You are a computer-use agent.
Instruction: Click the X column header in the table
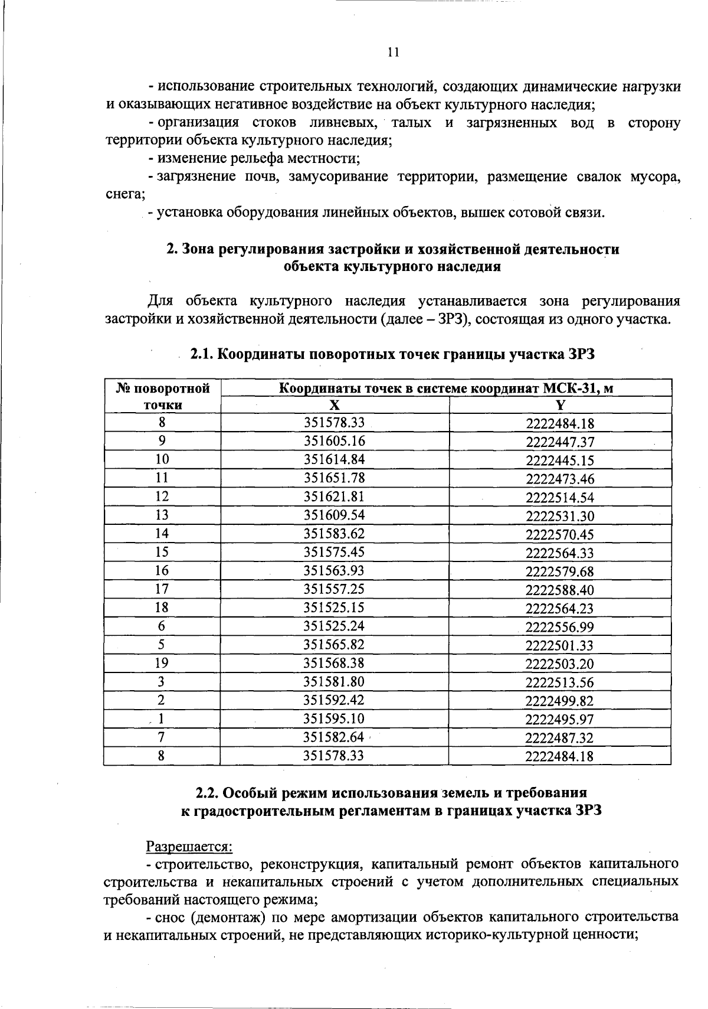pyautogui.click(x=335, y=405)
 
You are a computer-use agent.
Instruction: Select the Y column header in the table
pyautogui.click(x=560, y=405)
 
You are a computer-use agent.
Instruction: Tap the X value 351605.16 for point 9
pyautogui.click(x=335, y=441)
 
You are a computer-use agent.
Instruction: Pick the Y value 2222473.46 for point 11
pyautogui.click(x=560, y=479)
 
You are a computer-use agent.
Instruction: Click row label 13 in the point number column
pyautogui.click(x=162, y=515)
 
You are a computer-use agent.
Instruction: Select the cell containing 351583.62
pyautogui.click(x=335, y=534)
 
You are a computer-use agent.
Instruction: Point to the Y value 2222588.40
pyautogui.click(x=560, y=590)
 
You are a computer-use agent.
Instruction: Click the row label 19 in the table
pyautogui.click(x=162, y=663)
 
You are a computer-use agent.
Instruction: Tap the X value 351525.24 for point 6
pyautogui.click(x=335, y=626)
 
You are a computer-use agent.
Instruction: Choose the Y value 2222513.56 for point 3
pyautogui.click(x=560, y=683)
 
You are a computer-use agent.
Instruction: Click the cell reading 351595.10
pyautogui.click(x=335, y=719)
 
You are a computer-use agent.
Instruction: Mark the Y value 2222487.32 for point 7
pyautogui.click(x=560, y=738)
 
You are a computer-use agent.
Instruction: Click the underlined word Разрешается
pyautogui.click(x=189, y=846)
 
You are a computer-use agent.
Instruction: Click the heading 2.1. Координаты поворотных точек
pyautogui.click(x=392, y=354)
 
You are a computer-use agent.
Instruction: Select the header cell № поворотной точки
pyautogui.click(x=163, y=396)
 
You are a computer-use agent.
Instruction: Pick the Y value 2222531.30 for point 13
pyautogui.click(x=560, y=516)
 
